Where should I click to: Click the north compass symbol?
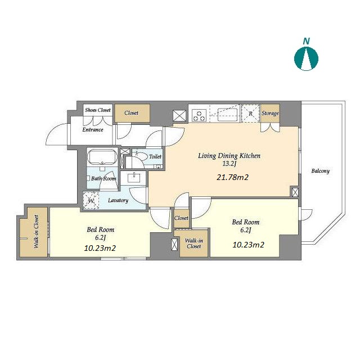pos(306,58)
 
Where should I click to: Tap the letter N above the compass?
pos(306,41)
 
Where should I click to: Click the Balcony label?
pos(320,171)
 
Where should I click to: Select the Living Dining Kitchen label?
pos(229,156)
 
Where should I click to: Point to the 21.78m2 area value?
pos(232,177)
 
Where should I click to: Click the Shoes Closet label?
pos(98,110)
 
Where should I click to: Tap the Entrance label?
pos(93,130)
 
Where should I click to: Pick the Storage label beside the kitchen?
pos(270,113)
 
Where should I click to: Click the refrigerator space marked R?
pos(250,114)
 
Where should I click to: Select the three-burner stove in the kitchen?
pos(199,115)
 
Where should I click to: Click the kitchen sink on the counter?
pos(228,115)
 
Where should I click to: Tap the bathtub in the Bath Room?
pos(102,157)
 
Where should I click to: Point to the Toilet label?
pos(155,156)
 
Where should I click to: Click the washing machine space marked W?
pos(91,200)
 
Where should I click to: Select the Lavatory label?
pos(118,200)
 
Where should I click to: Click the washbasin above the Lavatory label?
pos(134,178)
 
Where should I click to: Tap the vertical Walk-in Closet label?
pos(36,231)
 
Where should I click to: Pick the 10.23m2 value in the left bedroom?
pos(100,248)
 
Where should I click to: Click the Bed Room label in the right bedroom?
pos(246,222)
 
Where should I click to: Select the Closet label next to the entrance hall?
pos(131,113)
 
